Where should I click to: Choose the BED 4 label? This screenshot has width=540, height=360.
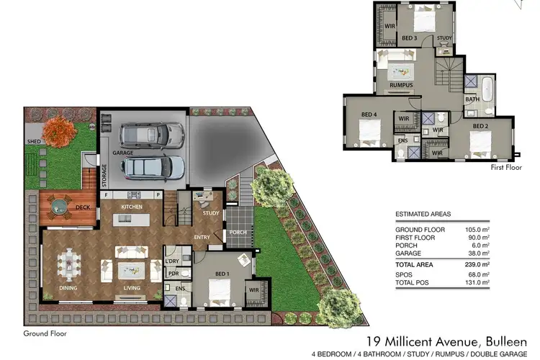pos(368,114)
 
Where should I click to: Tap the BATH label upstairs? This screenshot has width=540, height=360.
pos(472,99)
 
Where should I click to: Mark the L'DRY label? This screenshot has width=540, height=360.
pos(172,261)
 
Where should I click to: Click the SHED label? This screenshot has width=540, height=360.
pos(33,142)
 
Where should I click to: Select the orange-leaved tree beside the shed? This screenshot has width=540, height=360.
pos(58,131)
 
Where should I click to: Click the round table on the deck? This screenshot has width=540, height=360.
pos(60,208)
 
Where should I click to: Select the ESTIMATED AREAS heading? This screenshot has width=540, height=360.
pos(423,215)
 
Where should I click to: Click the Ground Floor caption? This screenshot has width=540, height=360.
pos(45,333)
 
